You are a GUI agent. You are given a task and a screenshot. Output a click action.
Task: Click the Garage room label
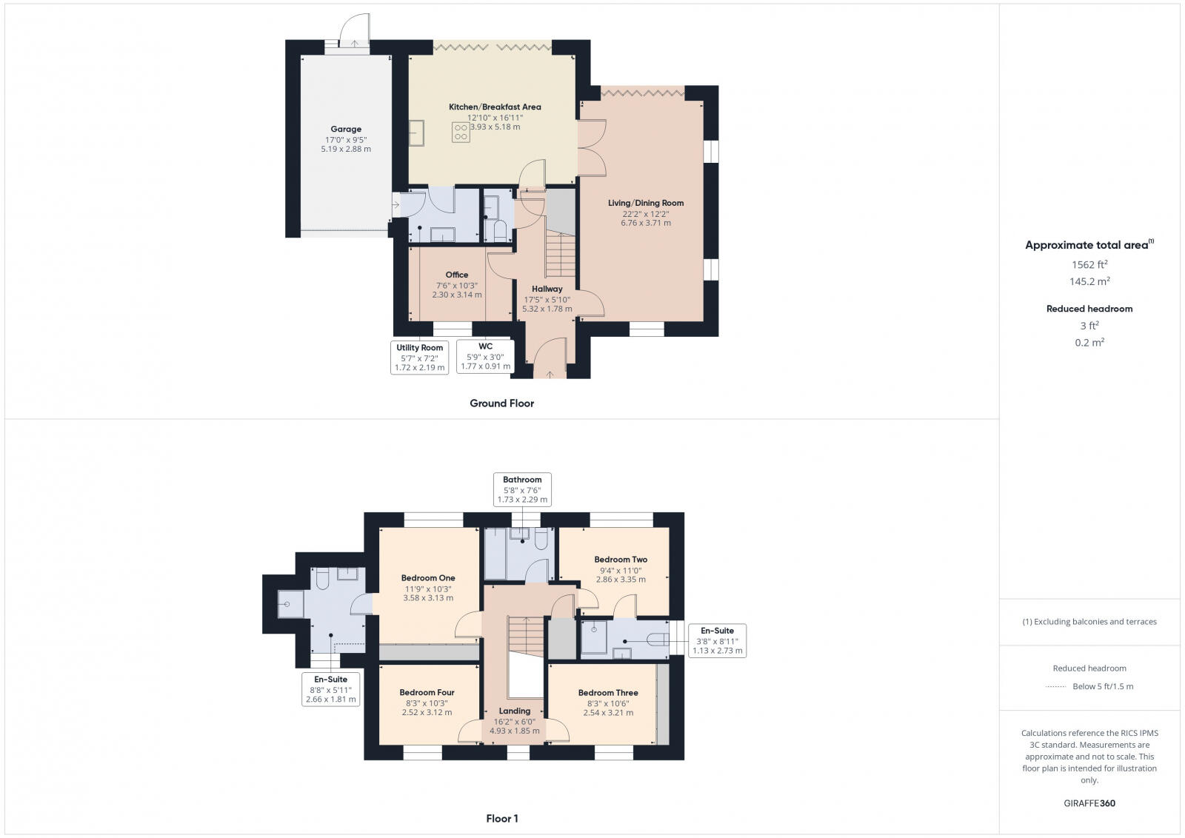point(346,129)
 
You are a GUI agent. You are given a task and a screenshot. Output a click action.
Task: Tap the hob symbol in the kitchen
point(461,132)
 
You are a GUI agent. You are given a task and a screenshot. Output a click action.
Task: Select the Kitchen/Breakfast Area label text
point(495,107)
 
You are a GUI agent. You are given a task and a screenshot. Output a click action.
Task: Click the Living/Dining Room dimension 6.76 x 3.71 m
point(646,223)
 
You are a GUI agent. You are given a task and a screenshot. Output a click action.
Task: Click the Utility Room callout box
point(420,358)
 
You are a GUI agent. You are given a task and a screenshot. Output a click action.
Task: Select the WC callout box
point(485,356)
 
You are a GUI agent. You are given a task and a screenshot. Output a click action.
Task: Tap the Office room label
point(457,275)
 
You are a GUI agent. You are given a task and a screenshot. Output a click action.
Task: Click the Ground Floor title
point(501,403)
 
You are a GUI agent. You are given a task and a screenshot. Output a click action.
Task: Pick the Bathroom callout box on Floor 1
point(522,489)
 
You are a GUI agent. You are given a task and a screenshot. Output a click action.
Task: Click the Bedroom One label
point(428,578)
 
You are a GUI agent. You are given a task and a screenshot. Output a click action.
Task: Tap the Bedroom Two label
point(621,560)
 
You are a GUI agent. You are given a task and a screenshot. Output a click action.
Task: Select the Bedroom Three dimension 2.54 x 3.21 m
point(607,713)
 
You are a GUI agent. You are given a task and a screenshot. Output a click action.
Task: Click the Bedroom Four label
point(427,693)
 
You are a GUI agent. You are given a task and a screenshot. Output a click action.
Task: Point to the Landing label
point(515,711)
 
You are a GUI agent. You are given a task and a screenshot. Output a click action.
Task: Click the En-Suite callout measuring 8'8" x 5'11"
point(331,688)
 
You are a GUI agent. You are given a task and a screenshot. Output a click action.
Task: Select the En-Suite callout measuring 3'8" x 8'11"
point(717,640)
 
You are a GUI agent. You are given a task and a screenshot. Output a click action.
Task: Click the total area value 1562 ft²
point(1089,264)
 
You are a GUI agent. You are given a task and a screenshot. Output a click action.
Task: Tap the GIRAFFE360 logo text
point(1089,803)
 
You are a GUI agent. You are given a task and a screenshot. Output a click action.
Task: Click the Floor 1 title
point(501,819)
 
